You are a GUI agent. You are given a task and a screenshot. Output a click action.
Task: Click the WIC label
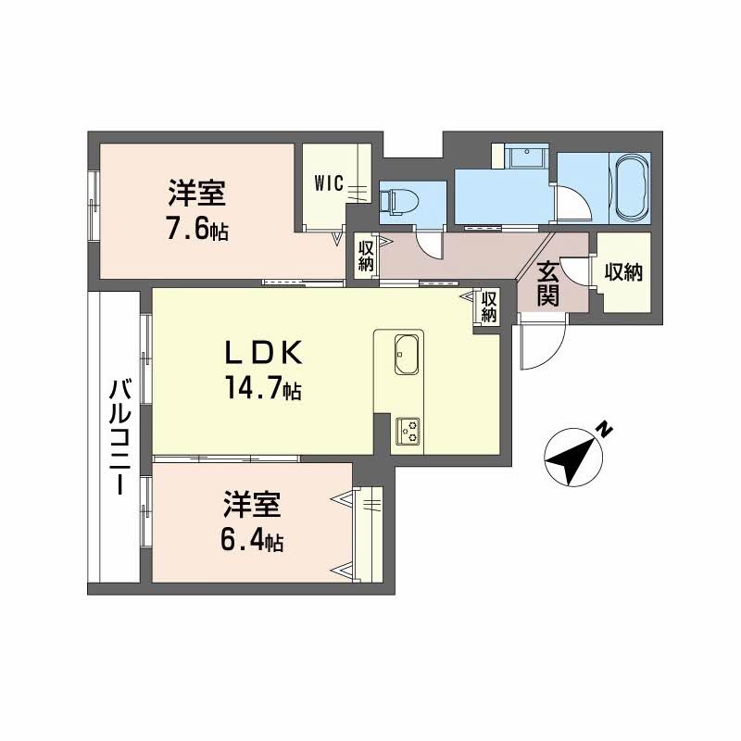coord(329,183)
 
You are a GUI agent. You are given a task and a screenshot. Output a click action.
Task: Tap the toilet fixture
coord(401,198)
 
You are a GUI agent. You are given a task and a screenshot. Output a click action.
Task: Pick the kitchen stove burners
coord(408,431)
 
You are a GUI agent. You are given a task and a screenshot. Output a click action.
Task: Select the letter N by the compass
coord(603,428)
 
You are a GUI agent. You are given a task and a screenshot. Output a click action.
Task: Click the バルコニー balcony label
coord(117,437)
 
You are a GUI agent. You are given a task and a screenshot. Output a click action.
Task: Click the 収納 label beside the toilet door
coord(367,255)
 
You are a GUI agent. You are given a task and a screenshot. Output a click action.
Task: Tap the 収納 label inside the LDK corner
coord(488,307)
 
